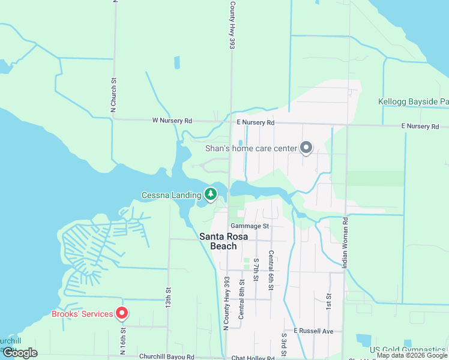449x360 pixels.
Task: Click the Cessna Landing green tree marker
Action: [x=210, y=194]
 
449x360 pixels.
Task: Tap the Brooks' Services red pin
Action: [x=122, y=313]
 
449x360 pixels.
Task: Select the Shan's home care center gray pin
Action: [x=306, y=148]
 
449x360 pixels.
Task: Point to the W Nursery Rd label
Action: [x=172, y=121]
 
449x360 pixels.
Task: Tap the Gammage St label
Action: [x=252, y=226]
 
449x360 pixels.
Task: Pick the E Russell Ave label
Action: [x=313, y=331]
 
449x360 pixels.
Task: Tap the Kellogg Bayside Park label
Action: [x=414, y=102]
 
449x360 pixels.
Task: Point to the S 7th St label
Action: [x=256, y=272]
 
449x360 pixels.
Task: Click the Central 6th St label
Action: [x=271, y=271]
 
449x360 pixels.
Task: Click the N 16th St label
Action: [x=123, y=335]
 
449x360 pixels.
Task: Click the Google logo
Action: [x=19, y=353]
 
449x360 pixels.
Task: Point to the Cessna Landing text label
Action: [x=170, y=195]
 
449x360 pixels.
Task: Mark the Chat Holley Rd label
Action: [x=254, y=358]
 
